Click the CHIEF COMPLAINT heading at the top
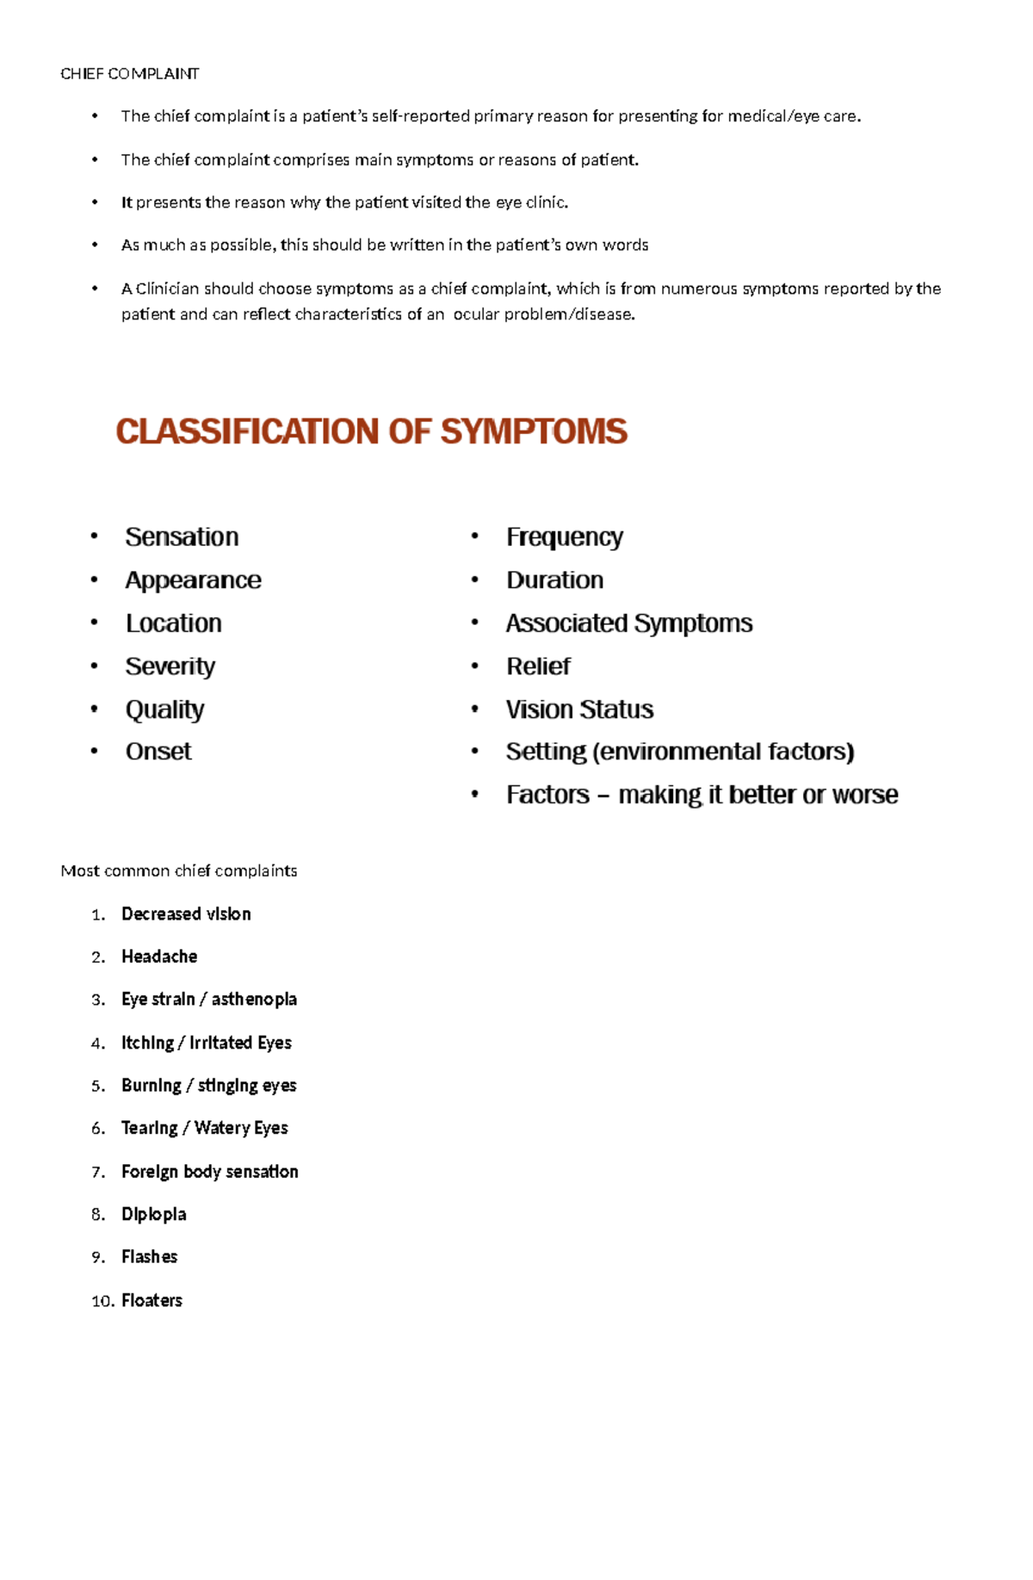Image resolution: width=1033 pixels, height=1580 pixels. click(x=129, y=73)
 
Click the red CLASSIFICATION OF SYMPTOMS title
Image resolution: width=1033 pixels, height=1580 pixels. click(x=371, y=431)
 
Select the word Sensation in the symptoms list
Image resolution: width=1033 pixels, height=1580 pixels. click(x=182, y=536)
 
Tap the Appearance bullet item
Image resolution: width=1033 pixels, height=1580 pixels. click(x=193, y=579)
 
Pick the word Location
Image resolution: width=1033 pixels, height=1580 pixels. click(x=173, y=623)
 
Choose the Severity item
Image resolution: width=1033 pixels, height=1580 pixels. click(x=170, y=666)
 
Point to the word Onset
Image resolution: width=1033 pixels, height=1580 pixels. click(x=158, y=751)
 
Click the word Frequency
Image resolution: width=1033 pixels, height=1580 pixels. click(x=564, y=536)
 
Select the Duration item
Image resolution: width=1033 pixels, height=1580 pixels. click(x=554, y=579)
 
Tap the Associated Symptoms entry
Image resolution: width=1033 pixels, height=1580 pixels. click(x=628, y=623)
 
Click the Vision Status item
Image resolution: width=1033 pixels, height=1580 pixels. click(x=579, y=709)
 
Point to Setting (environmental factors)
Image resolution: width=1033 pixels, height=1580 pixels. click(x=679, y=751)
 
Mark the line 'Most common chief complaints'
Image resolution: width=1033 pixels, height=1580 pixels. click(x=178, y=871)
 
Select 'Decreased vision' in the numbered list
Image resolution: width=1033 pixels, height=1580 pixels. click(x=186, y=914)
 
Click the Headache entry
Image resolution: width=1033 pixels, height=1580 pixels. click(x=159, y=956)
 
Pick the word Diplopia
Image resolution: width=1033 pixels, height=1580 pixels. click(x=153, y=1213)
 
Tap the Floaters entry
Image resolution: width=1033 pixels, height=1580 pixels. click(x=152, y=1299)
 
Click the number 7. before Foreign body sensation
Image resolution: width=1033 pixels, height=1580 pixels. click(x=98, y=1172)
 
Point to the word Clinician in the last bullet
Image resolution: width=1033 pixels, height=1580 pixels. click(x=167, y=288)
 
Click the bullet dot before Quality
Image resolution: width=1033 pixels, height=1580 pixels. click(x=94, y=709)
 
